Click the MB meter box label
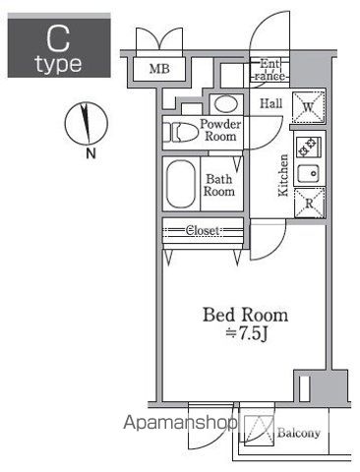point(159,69)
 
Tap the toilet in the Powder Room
point(181,132)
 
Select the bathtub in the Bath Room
point(181,184)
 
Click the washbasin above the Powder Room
point(226,104)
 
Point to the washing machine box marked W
point(308,107)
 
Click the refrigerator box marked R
point(309,203)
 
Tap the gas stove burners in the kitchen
point(309,147)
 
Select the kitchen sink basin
point(308,173)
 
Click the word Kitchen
point(283,175)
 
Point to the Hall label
point(271,103)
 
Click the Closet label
point(203,230)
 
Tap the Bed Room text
point(246,315)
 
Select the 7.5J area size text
point(248,333)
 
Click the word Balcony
point(299,433)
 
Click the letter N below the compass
point(90,153)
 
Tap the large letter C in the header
point(58,38)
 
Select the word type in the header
point(59,64)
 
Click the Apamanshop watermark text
point(180,423)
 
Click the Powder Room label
point(220,130)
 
